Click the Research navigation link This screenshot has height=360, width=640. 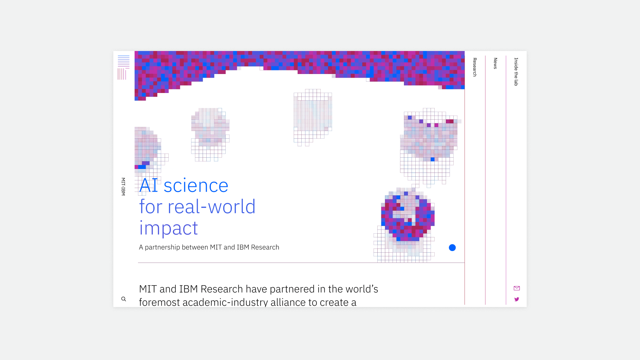pos(475,67)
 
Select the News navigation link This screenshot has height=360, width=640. pos(495,63)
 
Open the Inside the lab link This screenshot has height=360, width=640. pos(516,72)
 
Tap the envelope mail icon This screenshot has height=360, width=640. pos(517,288)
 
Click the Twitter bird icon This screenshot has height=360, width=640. pos(517,299)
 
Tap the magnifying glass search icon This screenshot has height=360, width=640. pos(124,299)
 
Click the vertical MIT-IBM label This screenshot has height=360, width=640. pos(123,187)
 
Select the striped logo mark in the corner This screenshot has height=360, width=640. pos(124,68)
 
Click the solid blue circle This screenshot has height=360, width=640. pos(452,248)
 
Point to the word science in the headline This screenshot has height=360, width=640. pos(196,186)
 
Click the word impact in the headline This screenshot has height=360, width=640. pos(169,229)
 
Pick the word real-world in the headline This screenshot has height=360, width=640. pos(212,207)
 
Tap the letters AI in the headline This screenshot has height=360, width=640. pos(149,185)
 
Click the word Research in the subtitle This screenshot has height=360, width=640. pos(265,247)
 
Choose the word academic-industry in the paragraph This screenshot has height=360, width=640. pos(225,302)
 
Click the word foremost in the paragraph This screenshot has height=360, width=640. pos(159,302)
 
